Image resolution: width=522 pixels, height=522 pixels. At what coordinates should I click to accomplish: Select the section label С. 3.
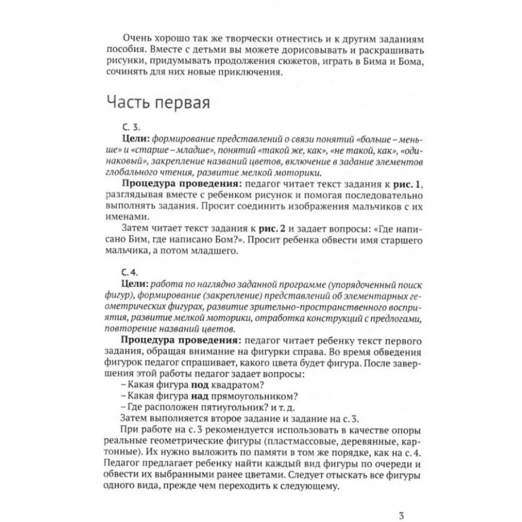coord(124,128)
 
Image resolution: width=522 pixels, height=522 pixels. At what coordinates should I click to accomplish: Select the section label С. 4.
coord(124,273)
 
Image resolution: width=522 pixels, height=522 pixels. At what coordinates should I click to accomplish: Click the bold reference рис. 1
coord(407,186)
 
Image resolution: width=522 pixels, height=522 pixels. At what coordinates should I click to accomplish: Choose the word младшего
coord(221,253)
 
